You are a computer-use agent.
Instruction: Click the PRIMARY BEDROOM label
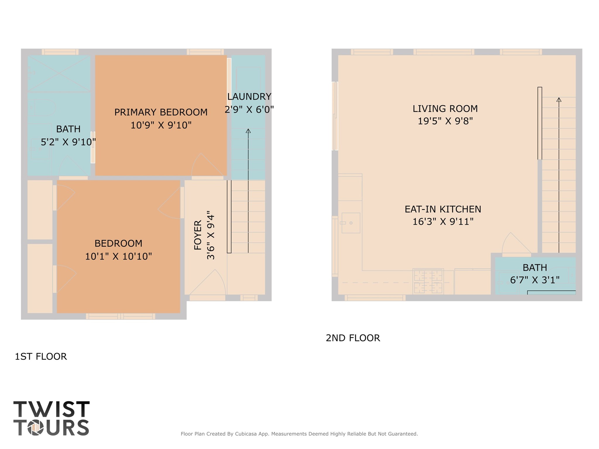coord(161,112)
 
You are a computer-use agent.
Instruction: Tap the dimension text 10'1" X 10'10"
coord(118,257)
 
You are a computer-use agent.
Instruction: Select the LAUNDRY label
coord(249,97)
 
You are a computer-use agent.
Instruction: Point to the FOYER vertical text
coord(198,235)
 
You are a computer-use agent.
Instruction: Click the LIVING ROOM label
coord(445,109)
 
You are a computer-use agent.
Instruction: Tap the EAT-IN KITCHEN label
coord(442,209)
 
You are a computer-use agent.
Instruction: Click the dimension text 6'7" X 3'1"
coord(534,280)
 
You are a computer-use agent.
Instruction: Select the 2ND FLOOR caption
coord(353,338)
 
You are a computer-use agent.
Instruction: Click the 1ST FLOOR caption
coord(41,356)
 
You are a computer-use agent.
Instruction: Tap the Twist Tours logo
coord(51,418)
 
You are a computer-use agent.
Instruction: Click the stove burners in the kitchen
coord(428,281)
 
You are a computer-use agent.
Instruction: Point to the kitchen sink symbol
coord(351,223)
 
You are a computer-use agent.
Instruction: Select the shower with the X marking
coord(59,73)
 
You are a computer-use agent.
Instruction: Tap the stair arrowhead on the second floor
coord(559,100)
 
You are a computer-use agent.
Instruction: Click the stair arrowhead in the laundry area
coord(248,131)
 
